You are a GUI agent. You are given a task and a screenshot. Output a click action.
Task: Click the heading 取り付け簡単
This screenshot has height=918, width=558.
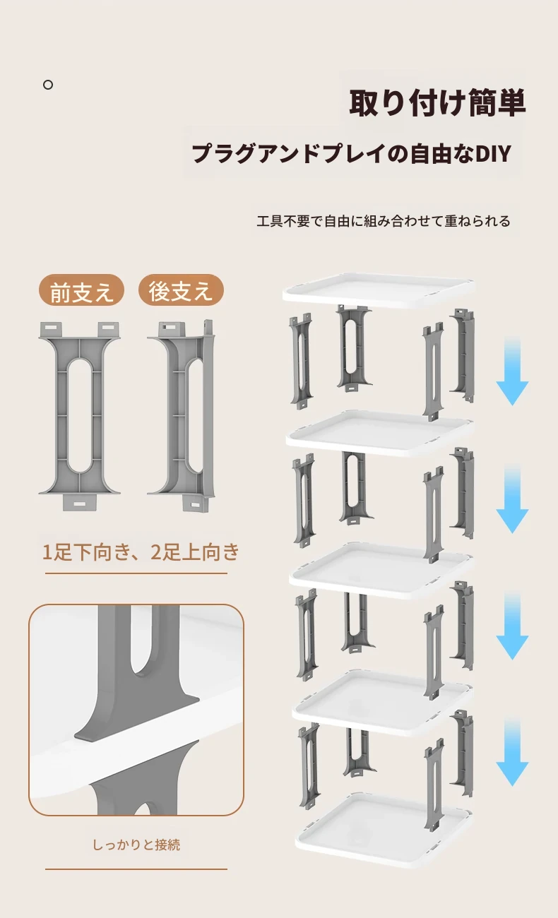pyautogui.click(x=437, y=102)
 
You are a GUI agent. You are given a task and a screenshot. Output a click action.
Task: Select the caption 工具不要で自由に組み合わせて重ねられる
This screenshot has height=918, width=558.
pyautogui.click(x=384, y=221)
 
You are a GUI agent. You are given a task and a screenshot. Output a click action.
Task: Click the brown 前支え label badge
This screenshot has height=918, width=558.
pyautogui.click(x=81, y=290)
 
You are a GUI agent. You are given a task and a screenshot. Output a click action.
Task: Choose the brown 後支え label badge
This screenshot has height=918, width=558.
pyautogui.click(x=181, y=290)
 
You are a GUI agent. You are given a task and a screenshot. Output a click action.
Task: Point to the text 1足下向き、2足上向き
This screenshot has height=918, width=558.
pyautogui.click(x=141, y=552)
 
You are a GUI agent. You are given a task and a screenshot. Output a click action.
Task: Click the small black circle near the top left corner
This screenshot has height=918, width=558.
pyautogui.click(x=48, y=85)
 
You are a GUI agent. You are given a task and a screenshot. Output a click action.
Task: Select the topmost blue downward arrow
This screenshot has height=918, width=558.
pyautogui.click(x=512, y=371)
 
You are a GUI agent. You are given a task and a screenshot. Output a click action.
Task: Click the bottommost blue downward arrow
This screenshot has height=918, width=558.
pyautogui.click(x=512, y=752)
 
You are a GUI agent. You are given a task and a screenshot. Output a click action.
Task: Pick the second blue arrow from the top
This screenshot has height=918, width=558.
pyautogui.click(x=512, y=499)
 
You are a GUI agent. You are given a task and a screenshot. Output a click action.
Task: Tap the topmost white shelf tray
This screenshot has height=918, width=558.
pyautogui.click(x=378, y=290)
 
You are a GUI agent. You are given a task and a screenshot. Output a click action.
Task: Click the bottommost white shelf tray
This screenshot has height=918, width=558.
pyautogui.click(x=384, y=830)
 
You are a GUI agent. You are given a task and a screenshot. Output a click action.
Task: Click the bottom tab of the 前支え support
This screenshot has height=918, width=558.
pyautogui.click(x=81, y=503)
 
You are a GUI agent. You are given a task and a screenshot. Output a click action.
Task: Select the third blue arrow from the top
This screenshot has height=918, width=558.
pyautogui.click(x=512, y=626)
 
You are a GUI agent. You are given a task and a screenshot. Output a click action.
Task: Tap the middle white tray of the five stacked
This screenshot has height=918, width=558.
pyautogui.click(x=381, y=570)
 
